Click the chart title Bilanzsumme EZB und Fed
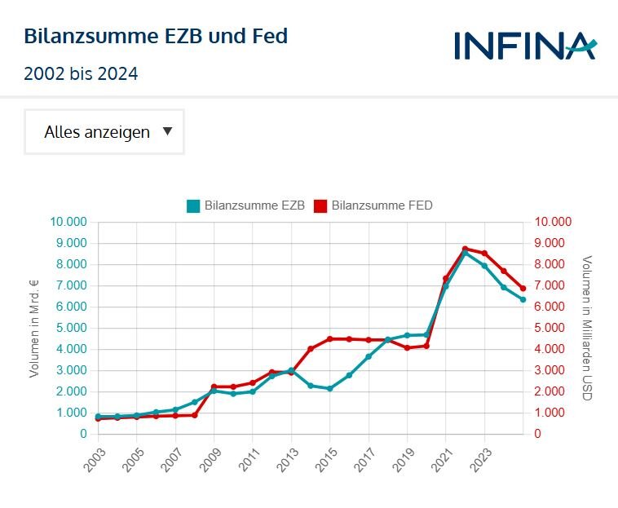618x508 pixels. click(x=156, y=37)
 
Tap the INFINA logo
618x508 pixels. click(x=524, y=45)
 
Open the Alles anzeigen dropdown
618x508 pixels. click(x=104, y=132)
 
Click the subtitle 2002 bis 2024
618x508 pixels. click(x=81, y=74)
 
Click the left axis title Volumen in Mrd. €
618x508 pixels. click(x=34, y=328)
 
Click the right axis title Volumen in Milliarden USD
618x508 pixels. click(x=585, y=328)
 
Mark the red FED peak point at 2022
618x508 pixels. click(x=465, y=249)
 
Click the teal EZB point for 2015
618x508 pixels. click(x=329, y=388)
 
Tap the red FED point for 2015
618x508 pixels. click(x=329, y=338)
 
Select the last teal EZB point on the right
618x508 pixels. click(x=523, y=299)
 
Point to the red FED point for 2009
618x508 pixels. click(x=214, y=387)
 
